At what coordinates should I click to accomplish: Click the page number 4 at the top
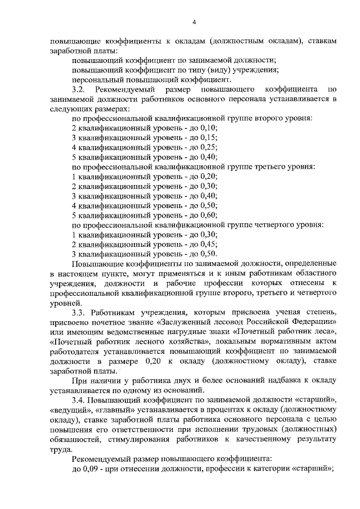click(193, 22)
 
